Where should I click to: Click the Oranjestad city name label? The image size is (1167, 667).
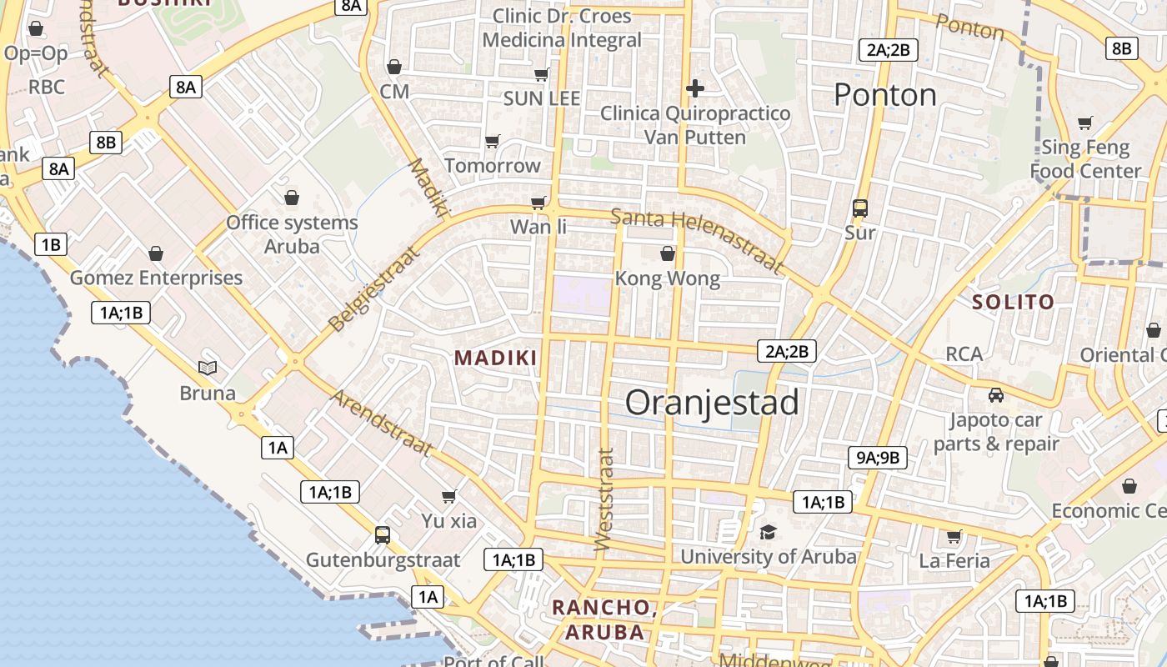pos(712,403)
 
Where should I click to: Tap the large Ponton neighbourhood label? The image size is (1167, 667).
pos(885,95)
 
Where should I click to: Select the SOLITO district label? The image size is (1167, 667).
pos(1013,302)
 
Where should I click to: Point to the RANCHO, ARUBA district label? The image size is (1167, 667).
pos(604,619)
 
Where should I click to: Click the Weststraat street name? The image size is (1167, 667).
pos(604,499)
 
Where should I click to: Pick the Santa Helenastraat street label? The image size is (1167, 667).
pos(699,240)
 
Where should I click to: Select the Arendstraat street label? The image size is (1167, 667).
pos(383,423)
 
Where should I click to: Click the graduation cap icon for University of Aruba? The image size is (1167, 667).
pos(768,531)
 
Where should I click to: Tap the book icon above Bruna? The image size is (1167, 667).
pos(208,368)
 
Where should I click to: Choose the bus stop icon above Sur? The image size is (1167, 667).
pos(860,208)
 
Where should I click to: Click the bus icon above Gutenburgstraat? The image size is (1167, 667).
pos(383,534)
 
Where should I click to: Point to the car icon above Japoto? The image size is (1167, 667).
pos(995,394)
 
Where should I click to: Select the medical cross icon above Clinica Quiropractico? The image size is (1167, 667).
pos(695,88)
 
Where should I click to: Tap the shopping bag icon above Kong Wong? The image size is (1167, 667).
pos(667,253)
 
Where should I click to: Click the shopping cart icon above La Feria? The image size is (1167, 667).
pos(954,536)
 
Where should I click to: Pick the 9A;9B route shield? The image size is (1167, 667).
pos(879,457)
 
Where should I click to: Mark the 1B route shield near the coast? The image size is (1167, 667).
pos(51,244)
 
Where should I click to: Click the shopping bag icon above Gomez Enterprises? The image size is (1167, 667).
pos(155,253)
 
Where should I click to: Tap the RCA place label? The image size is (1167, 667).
pos(964,354)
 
